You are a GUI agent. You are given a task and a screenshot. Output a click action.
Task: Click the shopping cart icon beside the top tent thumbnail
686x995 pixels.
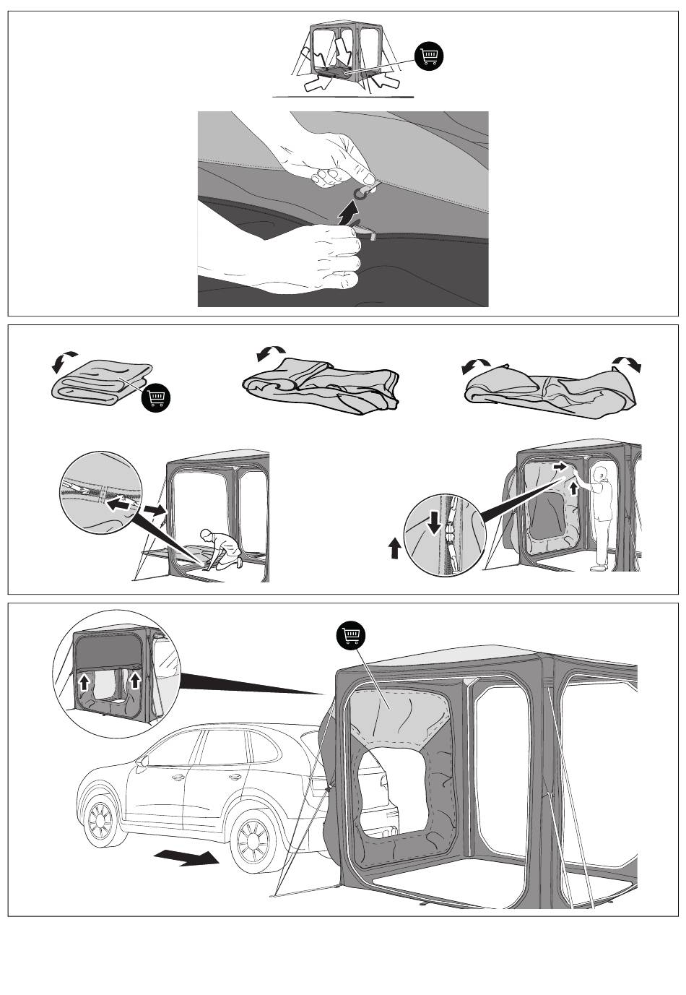[x=430, y=56]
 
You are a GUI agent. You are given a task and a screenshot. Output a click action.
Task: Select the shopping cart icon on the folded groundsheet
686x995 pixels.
[x=157, y=397]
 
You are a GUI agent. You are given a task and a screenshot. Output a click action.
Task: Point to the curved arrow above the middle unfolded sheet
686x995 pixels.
[x=271, y=353]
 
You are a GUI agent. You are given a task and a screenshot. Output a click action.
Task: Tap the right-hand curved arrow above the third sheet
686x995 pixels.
[x=627, y=363]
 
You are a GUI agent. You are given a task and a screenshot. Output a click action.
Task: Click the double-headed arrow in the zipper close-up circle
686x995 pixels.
[x=121, y=505]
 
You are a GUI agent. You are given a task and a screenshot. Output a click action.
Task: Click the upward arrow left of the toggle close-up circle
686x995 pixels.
[x=395, y=550]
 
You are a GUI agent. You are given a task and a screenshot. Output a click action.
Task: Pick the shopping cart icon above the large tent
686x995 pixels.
[x=352, y=636]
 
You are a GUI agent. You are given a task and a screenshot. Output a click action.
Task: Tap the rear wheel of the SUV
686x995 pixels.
[x=253, y=843]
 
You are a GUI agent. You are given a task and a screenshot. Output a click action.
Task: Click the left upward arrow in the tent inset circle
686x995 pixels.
[x=84, y=681]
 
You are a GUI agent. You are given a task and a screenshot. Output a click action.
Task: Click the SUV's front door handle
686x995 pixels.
[x=177, y=778]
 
